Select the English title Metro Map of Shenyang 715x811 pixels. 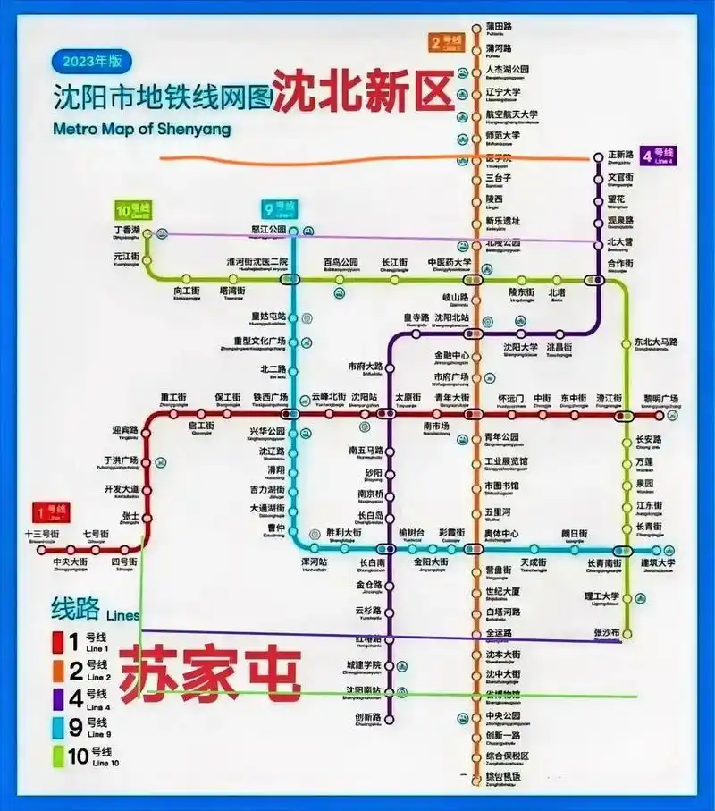[x=141, y=128]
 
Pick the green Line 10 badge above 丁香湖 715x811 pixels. [x=132, y=211]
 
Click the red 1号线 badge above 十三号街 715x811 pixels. [x=53, y=512]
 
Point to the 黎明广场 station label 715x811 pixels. [x=660, y=398]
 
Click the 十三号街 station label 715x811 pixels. [x=42, y=534]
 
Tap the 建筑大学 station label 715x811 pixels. [x=657, y=562]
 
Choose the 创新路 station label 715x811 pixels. [x=367, y=717]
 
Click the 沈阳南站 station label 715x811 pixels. [x=364, y=690]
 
